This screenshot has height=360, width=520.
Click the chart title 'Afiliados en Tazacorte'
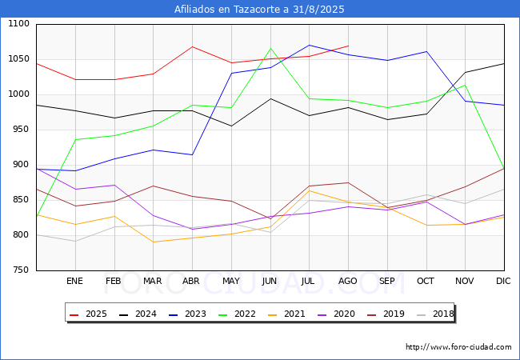click(260, 10)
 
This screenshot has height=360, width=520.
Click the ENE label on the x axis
click(74, 282)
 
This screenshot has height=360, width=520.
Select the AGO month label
click(348, 282)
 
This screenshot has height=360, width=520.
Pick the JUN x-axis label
click(270, 282)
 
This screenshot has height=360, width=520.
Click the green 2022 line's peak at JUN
click(270, 48)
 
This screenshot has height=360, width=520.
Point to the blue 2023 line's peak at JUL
click(310, 45)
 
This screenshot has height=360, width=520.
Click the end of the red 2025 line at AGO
click(348, 46)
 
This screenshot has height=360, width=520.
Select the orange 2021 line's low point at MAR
click(153, 242)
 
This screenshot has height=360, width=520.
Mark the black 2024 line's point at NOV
click(465, 72)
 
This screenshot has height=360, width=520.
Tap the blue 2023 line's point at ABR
click(192, 154)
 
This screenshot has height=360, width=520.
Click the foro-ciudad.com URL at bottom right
click(458, 347)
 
